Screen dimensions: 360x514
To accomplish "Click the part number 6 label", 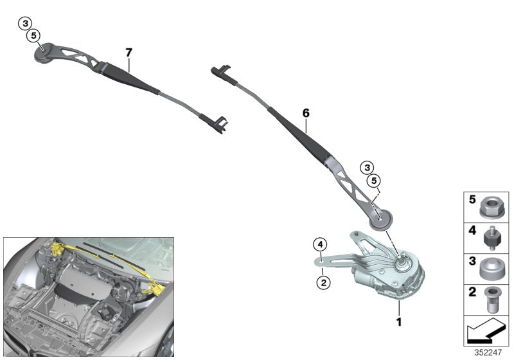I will coord(306,113).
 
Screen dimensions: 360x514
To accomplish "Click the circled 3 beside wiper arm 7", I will coord(24,24).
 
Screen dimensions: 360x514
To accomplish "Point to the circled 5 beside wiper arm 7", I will coord(33,35).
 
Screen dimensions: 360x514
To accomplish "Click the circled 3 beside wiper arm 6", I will coord(367,168).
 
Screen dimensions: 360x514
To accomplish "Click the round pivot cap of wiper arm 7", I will coord(44,52).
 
